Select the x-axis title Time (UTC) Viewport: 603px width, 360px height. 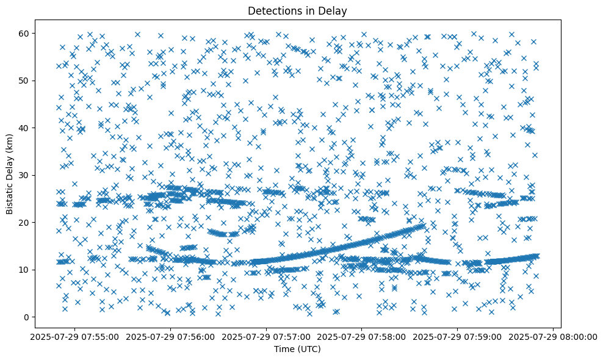click(x=298, y=349)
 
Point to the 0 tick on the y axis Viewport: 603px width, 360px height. click(x=26, y=317)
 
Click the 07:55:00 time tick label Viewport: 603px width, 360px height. click(x=74, y=337)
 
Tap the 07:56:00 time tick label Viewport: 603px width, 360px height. click(x=170, y=337)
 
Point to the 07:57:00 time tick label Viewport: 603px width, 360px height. click(x=266, y=337)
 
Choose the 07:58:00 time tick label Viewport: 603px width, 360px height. click(x=362, y=337)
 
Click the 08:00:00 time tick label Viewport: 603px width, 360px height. click(x=553, y=337)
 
